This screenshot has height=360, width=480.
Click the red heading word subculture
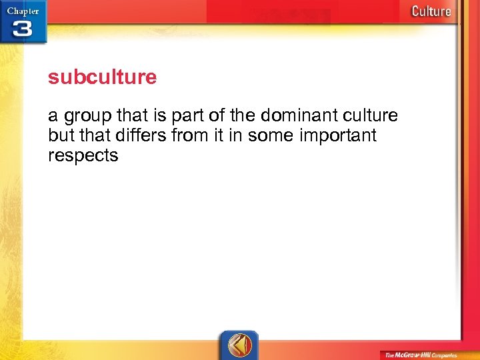(102, 77)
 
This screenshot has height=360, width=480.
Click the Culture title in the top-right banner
(431, 11)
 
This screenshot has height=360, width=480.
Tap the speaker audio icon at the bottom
(239, 345)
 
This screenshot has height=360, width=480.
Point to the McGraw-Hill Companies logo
(425, 354)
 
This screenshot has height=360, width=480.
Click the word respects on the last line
(83, 156)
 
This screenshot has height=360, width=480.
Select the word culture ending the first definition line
(369, 115)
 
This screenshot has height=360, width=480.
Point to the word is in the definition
(159, 115)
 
